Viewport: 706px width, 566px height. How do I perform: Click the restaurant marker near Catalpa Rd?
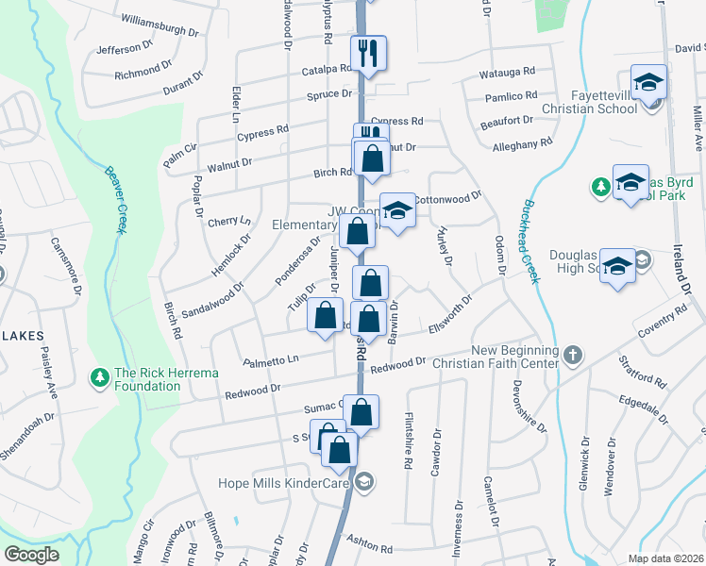pos(367,54)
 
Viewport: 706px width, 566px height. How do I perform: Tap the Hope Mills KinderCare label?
pos(284,483)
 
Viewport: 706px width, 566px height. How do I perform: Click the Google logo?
pos(31,555)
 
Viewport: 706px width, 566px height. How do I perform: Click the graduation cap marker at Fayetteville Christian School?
pos(649,82)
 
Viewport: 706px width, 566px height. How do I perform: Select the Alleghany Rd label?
pos(522,143)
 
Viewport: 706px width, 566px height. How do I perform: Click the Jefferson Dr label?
pos(125,47)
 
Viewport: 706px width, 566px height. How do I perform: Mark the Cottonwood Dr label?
pos(447,198)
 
